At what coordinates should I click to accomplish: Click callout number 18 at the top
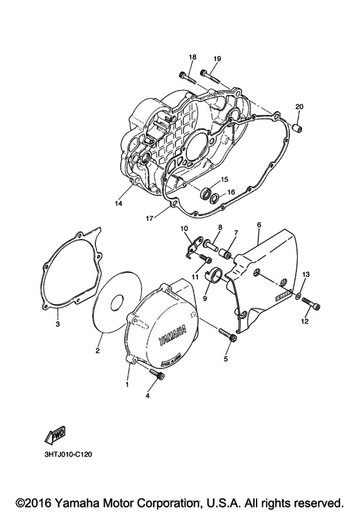[192, 58]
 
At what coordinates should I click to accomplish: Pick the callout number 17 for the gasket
[148, 218]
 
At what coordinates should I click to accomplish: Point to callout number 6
[258, 225]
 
